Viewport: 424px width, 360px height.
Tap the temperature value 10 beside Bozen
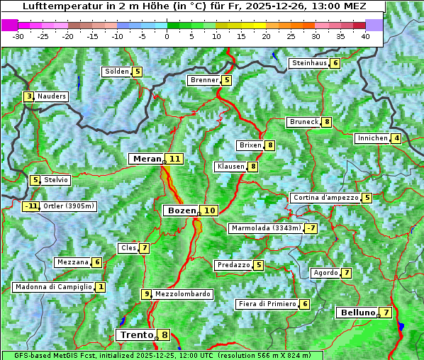click(209, 210)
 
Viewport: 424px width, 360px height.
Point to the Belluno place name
click(357, 313)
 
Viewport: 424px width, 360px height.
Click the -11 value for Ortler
click(30, 207)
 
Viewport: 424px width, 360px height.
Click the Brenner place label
click(204, 80)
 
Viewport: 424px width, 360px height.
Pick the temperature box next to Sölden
click(137, 72)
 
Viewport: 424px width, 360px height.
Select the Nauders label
click(52, 96)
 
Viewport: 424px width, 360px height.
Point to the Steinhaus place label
click(309, 63)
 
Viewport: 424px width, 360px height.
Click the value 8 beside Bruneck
click(326, 122)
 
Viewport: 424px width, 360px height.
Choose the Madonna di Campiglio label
click(53, 287)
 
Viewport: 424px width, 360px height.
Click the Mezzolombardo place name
click(182, 294)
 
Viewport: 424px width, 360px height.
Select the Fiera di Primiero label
click(267, 304)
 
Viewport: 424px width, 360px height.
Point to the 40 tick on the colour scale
click(365, 36)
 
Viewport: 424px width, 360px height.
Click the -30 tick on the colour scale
click(18, 36)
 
